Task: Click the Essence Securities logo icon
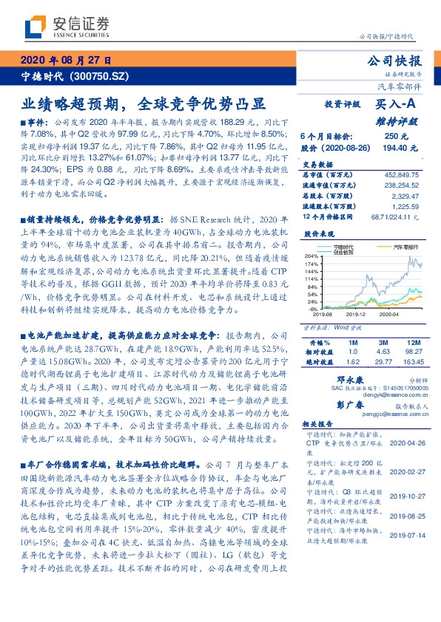(33, 28)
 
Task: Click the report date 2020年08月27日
(66, 61)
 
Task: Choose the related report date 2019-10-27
(406, 497)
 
